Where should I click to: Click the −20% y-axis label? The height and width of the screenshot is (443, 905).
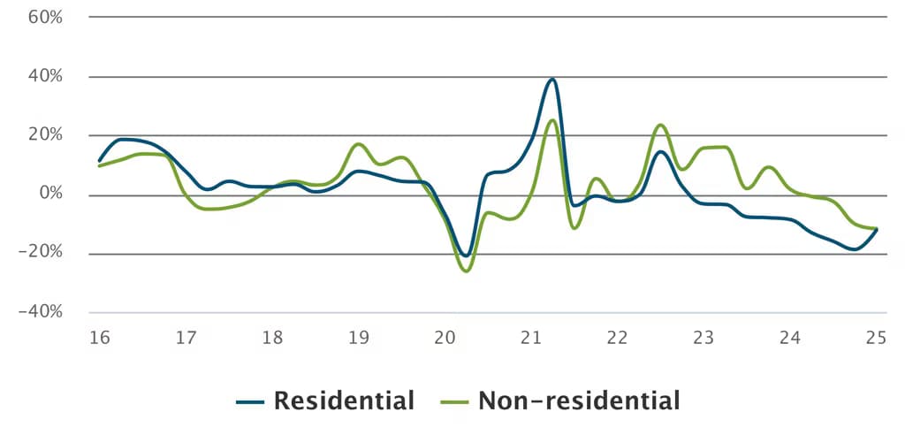tap(42, 254)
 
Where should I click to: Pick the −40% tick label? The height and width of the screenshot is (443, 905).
tap(42, 312)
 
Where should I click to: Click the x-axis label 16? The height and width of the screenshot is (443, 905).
tap(99, 338)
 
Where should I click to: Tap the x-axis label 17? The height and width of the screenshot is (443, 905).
tap(185, 338)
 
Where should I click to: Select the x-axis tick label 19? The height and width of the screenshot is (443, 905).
tap(358, 338)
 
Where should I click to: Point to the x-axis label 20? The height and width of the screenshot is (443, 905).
tap(445, 338)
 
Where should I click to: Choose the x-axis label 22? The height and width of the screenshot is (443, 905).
tap(617, 338)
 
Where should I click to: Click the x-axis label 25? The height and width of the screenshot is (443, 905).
tap(876, 338)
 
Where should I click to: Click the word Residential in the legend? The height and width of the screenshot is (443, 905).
tap(344, 401)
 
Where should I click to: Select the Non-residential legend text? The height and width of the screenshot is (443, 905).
tap(579, 401)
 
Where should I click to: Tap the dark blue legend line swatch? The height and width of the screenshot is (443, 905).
tap(251, 402)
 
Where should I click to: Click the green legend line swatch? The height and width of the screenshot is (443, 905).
tap(454, 402)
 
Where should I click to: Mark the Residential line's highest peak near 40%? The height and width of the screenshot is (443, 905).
tap(552, 79)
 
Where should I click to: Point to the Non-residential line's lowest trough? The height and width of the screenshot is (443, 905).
tap(466, 271)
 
